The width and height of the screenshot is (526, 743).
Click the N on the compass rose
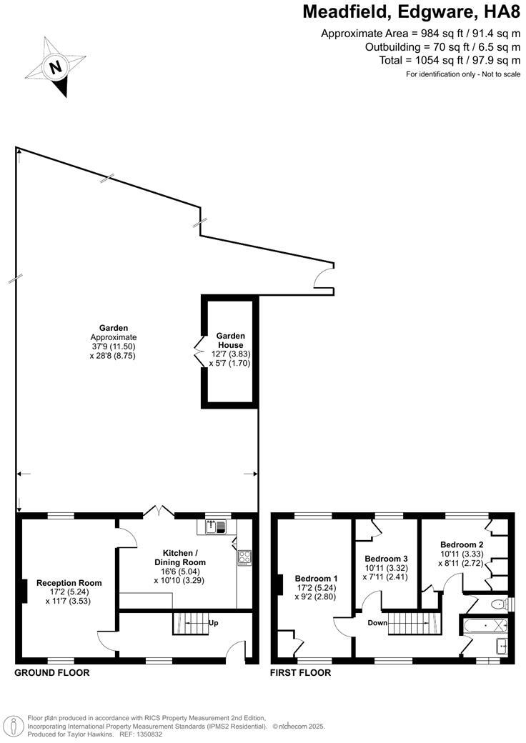coord(55,69)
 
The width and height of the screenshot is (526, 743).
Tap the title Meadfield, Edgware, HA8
coord(411,12)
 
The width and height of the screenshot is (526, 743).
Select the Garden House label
coord(231,340)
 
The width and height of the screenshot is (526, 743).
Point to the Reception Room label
coord(69,583)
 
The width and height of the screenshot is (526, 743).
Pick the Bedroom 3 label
coord(386,558)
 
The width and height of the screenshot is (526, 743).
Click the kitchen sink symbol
coord(215,527)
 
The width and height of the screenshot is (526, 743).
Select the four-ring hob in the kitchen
coord(244,557)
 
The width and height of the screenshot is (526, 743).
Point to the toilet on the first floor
coord(500,604)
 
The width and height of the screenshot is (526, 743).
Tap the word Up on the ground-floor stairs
coord(213,622)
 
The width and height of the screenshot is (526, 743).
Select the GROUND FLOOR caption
coord(52,672)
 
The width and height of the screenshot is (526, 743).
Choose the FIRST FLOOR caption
coord(300,672)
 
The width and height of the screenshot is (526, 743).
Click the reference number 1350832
coord(147,734)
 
